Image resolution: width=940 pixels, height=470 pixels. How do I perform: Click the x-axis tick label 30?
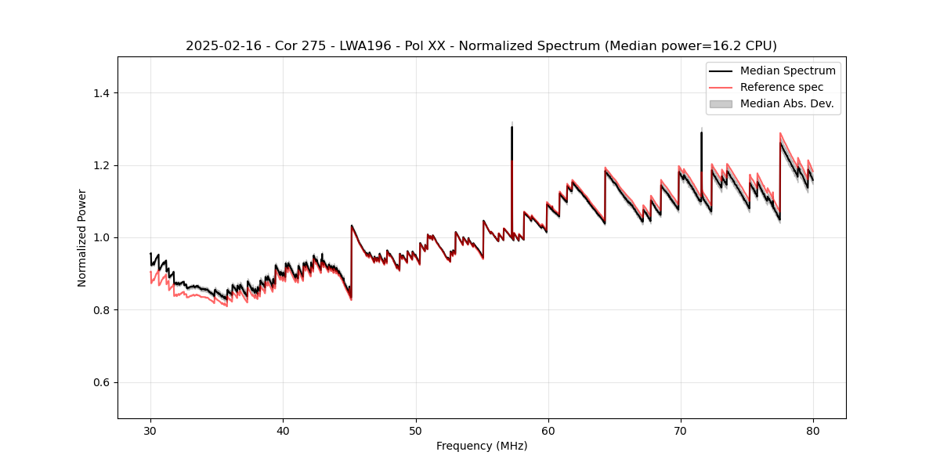pyautogui.click(x=150, y=430)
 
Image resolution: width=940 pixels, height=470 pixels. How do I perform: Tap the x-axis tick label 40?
pyautogui.click(x=283, y=430)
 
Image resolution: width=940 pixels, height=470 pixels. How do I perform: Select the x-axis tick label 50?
pyautogui.click(x=415, y=430)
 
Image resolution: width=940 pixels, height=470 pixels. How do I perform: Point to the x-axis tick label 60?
pyautogui.click(x=548, y=430)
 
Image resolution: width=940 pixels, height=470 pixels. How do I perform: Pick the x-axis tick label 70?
pyautogui.click(x=680, y=430)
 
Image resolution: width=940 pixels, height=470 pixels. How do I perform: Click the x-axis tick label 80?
pyautogui.click(x=812, y=430)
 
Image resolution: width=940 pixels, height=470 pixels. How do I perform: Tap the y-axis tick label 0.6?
pyautogui.click(x=101, y=382)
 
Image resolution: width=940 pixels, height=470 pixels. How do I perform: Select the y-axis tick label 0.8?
pyautogui.click(x=101, y=310)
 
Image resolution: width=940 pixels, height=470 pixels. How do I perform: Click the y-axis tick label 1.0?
pyautogui.click(x=101, y=237)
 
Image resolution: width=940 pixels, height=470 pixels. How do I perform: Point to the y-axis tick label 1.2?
pyautogui.click(x=101, y=165)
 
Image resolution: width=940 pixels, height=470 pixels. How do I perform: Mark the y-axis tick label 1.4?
pyautogui.click(x=101, y=93)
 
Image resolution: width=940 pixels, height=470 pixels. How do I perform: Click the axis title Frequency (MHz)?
pyautogui.click(x=482, y=446)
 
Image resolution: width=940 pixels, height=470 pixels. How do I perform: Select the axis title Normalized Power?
pyautogui.click(x=82, y=237)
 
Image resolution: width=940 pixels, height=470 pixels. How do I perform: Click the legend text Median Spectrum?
pyautogui.click(x=787, y=70)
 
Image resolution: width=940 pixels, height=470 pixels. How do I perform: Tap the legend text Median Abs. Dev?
pyautogui.click(x=786, y=103)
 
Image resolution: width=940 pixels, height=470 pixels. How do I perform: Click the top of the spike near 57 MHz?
pyautogui.click(x=512, y=127)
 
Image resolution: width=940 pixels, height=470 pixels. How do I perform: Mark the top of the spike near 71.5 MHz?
pyautogui.click(x=701, y=132)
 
